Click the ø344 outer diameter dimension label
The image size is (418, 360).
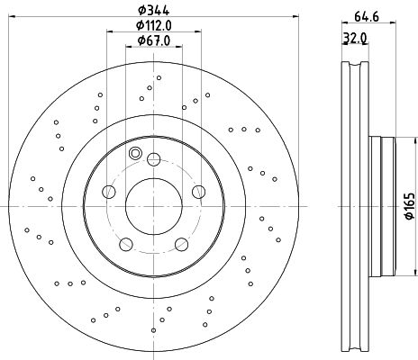pos(154,10)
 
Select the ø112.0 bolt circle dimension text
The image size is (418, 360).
pos(154,25)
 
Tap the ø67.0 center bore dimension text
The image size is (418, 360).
pos(154,40)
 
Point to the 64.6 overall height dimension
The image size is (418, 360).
pos(367,17)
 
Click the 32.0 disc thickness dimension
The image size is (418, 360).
pos(355,39)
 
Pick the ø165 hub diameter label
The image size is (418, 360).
pos(410,206)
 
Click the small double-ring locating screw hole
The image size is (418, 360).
pos(134,153)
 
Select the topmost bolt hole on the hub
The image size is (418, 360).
pos(154,159)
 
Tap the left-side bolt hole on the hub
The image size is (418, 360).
pos(109,192)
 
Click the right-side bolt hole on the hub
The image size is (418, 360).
pos(198,192)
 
